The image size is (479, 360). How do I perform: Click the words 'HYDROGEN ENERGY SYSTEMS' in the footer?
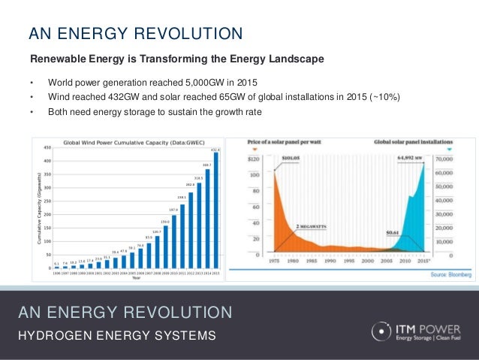tap(117, 334)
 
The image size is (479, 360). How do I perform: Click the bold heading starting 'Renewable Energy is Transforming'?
tap(176, 59)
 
